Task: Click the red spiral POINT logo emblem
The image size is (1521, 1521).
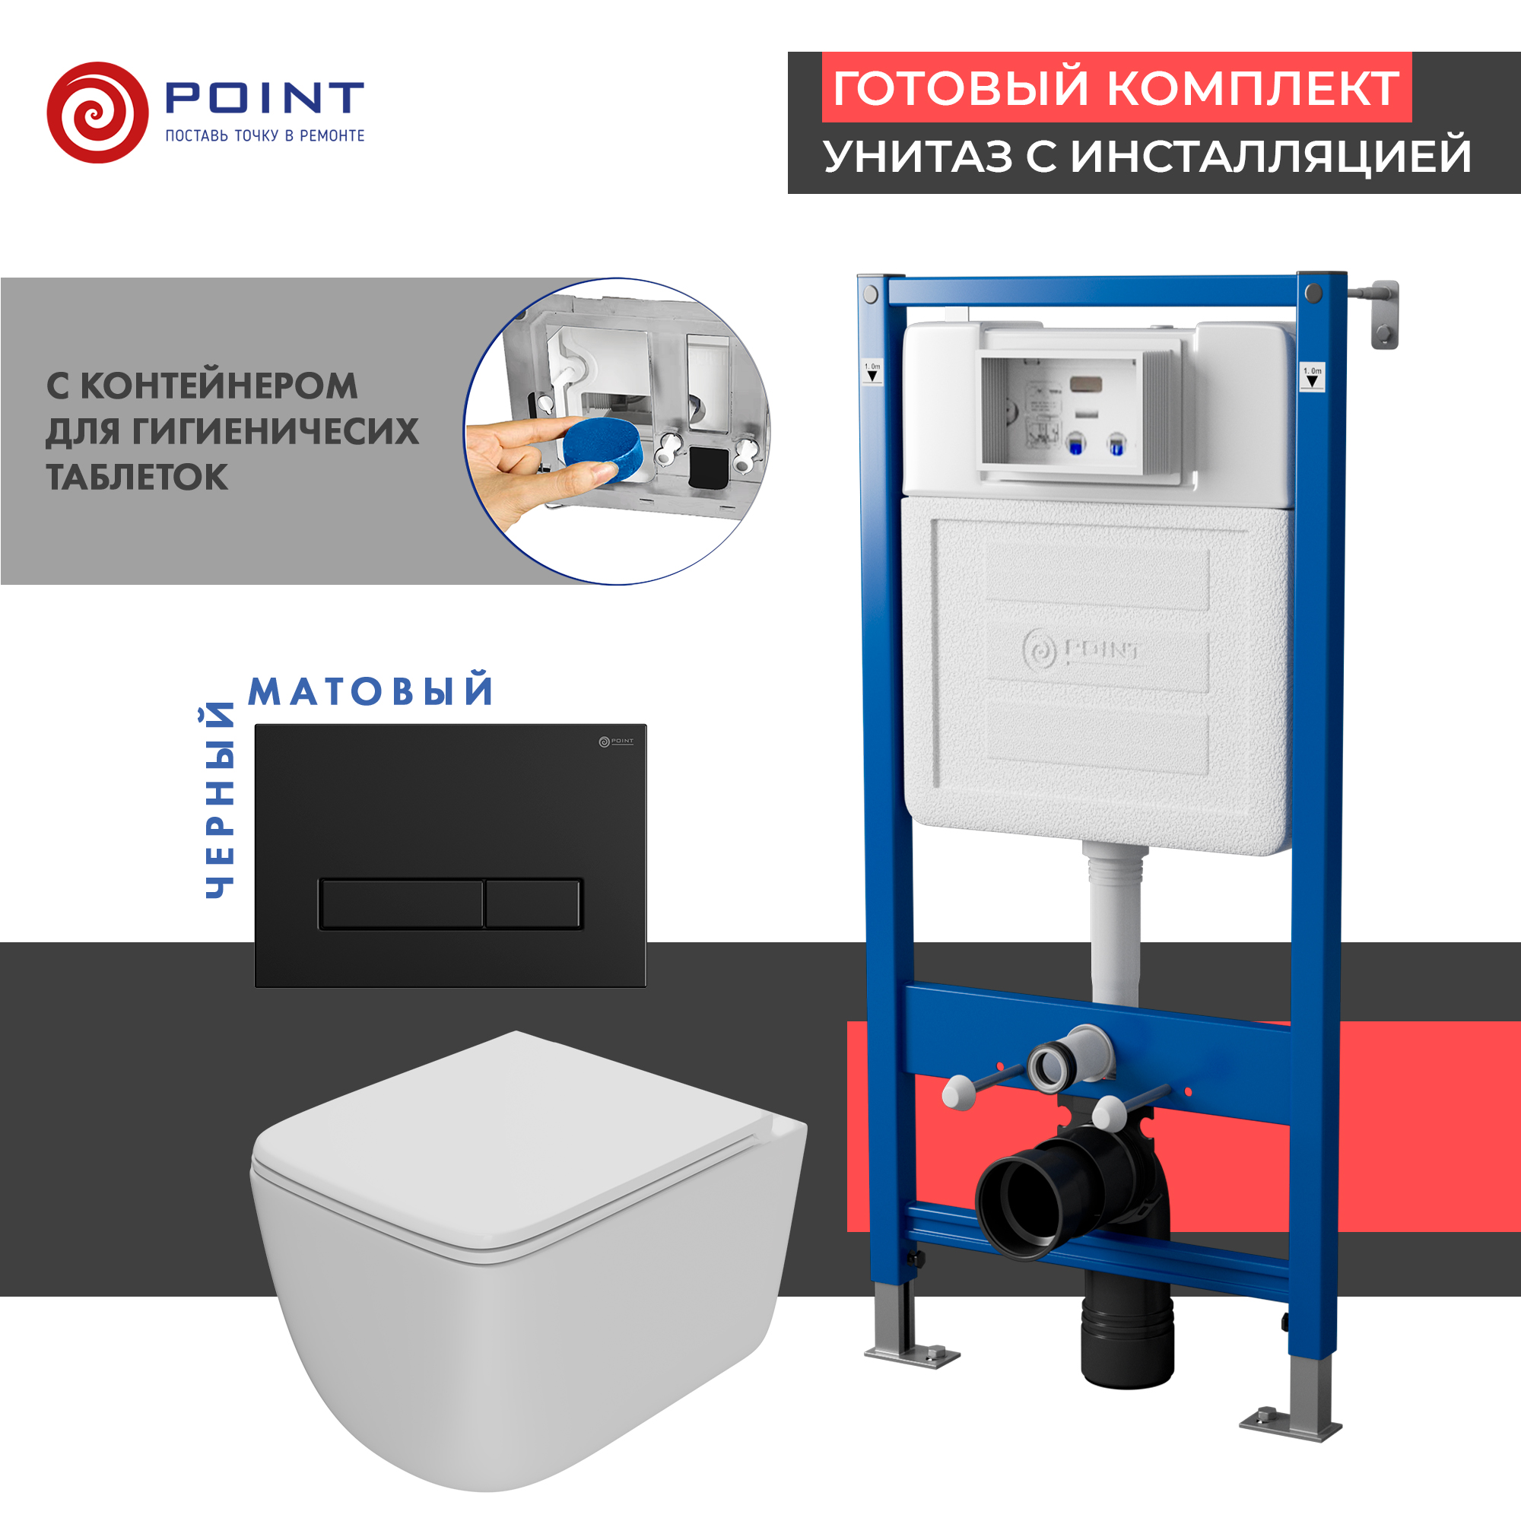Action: point(97,113)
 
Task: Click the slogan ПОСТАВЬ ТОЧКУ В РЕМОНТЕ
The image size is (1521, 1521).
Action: point(265,136)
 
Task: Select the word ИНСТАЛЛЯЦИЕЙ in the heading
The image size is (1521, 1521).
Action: point(1271,157)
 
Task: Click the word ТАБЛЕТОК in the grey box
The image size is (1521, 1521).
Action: point(137,477)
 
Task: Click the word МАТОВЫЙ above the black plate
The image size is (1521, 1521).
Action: point(371,691)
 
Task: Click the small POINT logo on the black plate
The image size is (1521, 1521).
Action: point(616,741)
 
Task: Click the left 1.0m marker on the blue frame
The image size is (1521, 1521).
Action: point(872,372)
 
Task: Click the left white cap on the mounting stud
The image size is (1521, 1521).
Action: point(959,1094)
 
